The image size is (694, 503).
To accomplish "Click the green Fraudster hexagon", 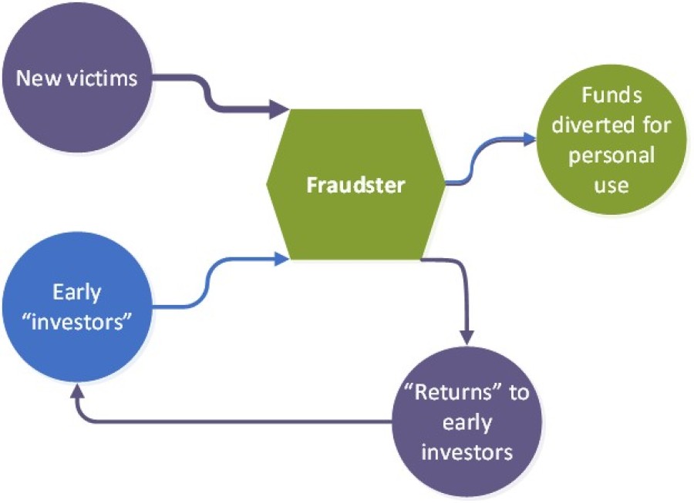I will tap(355, 185).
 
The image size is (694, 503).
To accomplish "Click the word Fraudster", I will tap(355, 186).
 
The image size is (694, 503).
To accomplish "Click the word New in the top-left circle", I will tap(35, 79).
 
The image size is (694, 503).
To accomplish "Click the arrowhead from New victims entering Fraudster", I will tap(281, 110).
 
